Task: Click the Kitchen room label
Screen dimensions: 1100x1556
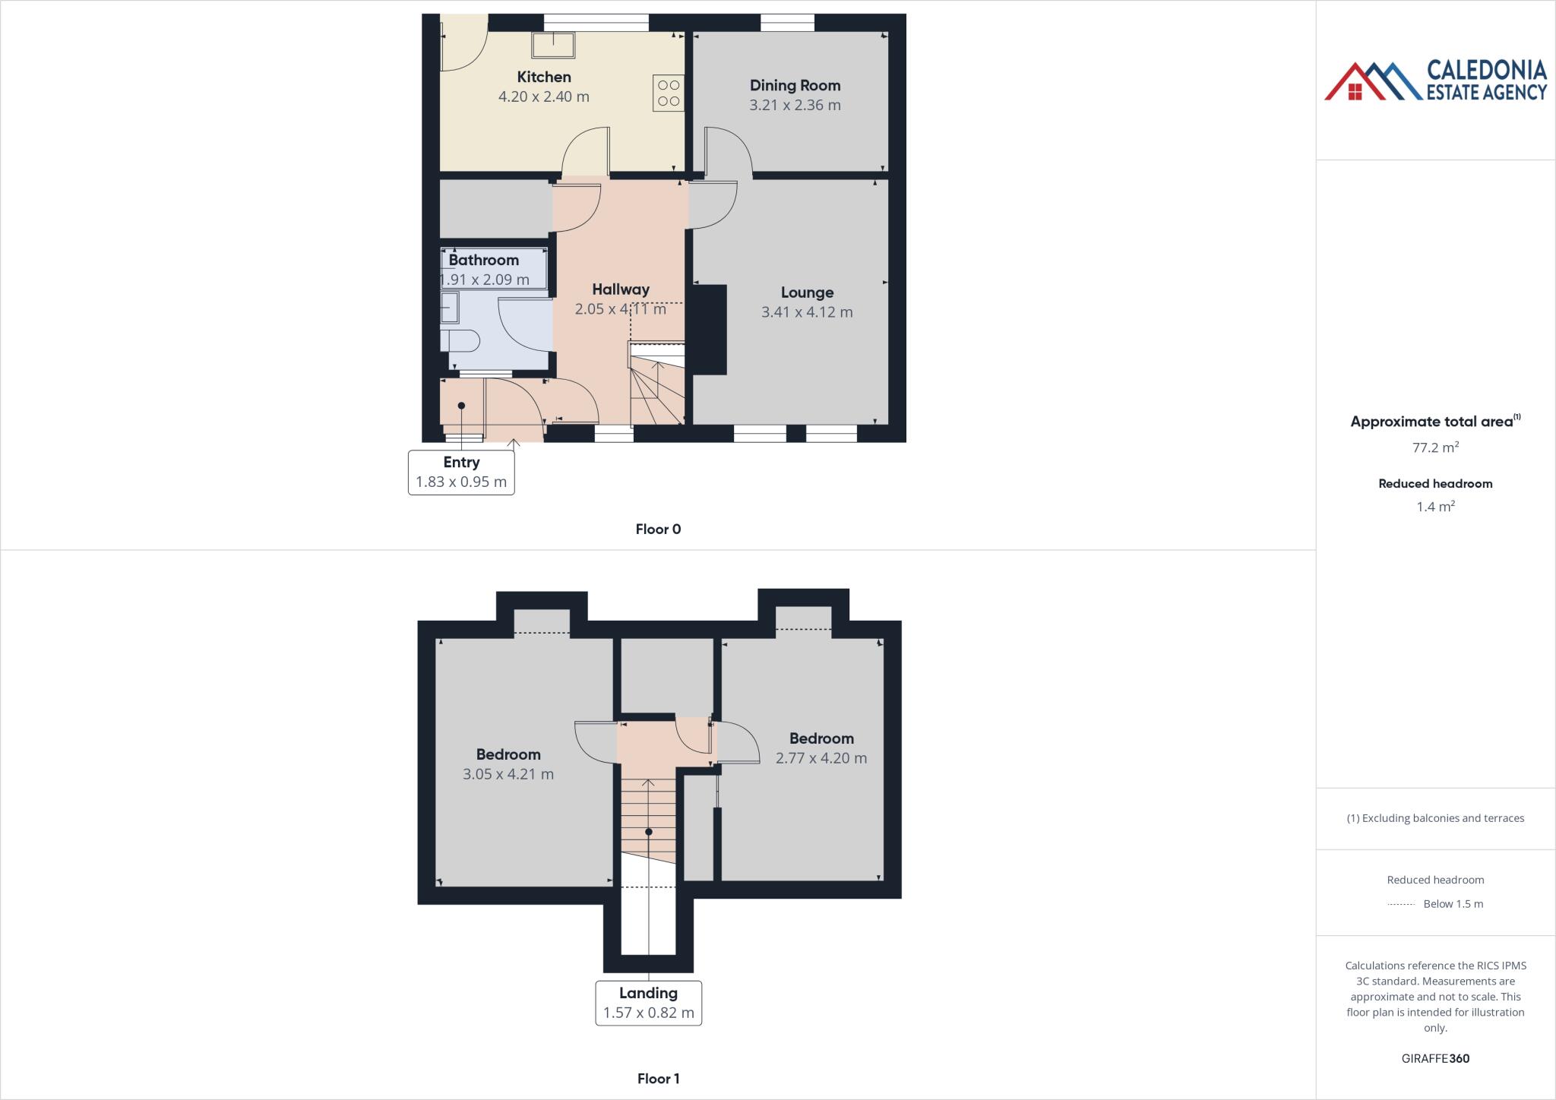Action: click(543, 77)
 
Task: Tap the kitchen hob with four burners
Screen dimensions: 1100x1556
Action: click(669, 93)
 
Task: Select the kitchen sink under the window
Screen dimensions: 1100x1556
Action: click(553, 45)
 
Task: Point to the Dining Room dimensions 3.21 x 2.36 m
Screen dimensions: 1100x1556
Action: click(795, 105)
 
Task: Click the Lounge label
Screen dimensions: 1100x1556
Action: click(807, 292)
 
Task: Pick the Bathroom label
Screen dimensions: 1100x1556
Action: click(483, 260)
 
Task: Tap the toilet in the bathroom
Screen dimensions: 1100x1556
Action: click(460, 341)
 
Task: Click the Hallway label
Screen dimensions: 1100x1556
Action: click(621, 289)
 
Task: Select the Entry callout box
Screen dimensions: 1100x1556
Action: click(461, 472)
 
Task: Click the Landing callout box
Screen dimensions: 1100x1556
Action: click(648, 1003)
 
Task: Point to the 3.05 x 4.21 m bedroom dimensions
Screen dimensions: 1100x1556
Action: click(508, 774)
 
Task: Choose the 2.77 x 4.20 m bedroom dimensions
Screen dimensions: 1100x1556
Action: click(821, 757)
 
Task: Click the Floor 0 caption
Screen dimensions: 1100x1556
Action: click(658, 529)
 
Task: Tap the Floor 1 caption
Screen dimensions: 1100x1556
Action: click(658, 1079)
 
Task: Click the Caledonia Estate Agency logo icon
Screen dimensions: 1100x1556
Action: click(1372, 82)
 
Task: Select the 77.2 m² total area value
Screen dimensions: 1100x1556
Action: click(1435, 447)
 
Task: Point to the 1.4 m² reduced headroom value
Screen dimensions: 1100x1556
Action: click(1435, 507)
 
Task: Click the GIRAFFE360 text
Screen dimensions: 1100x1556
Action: click(1435, 1058)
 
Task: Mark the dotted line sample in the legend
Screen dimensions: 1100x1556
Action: click(1400, 904)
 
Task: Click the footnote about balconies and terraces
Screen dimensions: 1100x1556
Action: click(1435, 818)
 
